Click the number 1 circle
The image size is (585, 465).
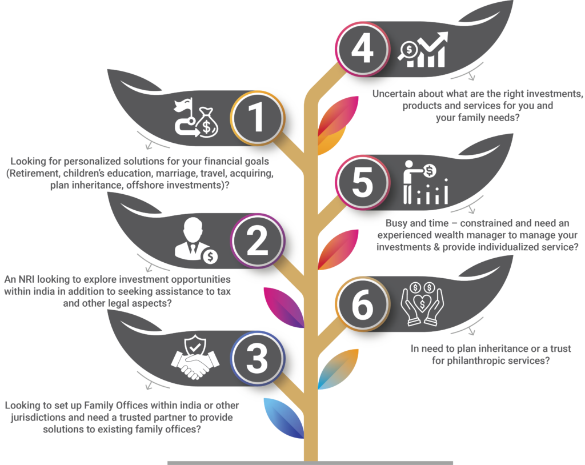click(257, 118)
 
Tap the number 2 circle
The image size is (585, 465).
click(257, 240)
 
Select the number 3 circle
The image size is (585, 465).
click(257, 359)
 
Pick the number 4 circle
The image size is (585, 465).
click(362, 49)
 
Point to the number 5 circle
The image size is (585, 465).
click(362, 182)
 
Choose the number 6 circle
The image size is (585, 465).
click(362, 304)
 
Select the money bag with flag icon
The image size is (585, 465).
click(197, 117)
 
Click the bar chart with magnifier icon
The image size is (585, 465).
click(423, 50)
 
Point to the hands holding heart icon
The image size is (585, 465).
click(422, 304)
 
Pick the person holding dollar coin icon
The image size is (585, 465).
click(425, 182)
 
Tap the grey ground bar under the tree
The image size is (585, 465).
click(310, 463)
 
